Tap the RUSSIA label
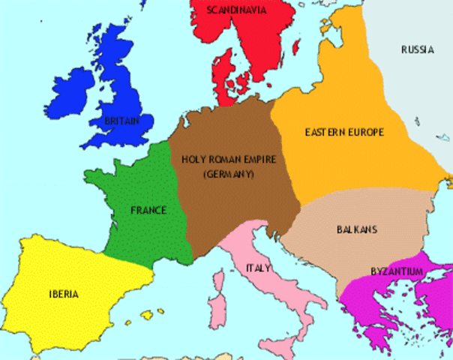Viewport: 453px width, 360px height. pos(417,50)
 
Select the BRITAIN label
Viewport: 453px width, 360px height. pos(122,120)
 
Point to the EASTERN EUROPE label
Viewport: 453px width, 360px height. pos(344,132)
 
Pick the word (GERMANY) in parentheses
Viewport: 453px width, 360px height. pos(229,174)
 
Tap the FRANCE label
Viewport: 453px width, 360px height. pos(148,210)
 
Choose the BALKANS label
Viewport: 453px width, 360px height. pos(356,229)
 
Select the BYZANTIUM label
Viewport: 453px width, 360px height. pos(397,271)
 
